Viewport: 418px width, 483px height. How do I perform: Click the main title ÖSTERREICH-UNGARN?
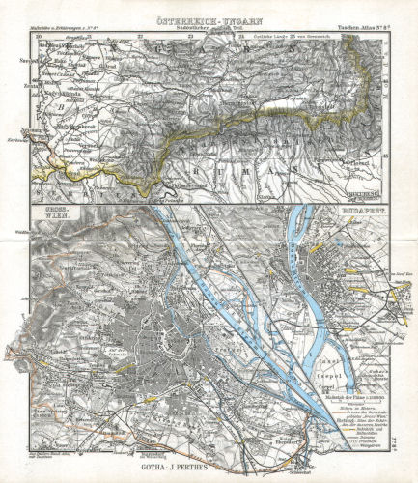(208, 8)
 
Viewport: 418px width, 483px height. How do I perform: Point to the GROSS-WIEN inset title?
(49, 212)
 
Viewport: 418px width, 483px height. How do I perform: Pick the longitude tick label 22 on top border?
(141, 24)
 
